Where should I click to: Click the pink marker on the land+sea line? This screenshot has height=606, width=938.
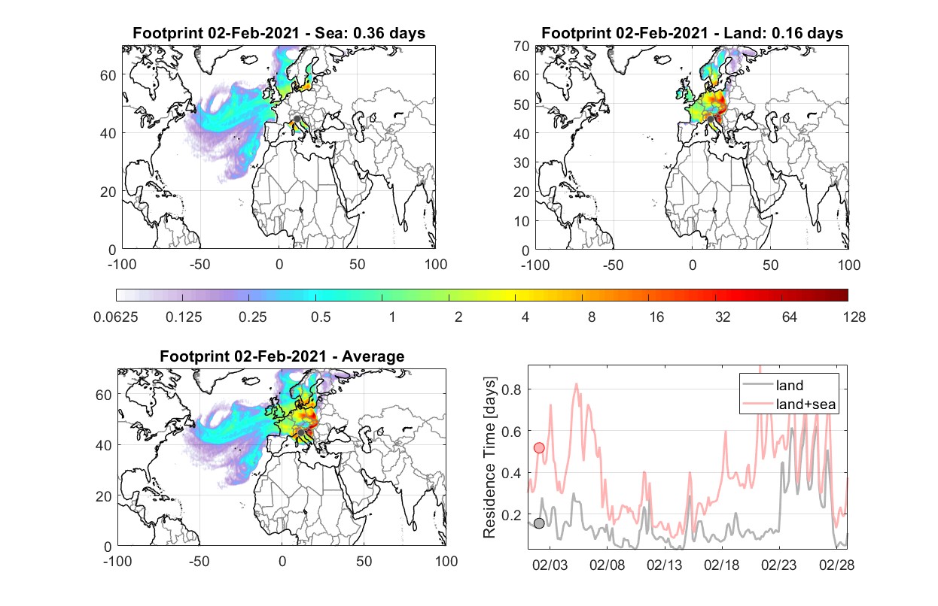[x=539, y=448]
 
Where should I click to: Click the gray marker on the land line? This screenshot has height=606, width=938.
[x=539, y=523]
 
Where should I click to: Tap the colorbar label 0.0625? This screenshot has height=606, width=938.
[x=116, y=317]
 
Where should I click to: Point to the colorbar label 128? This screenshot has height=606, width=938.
[x=854, y=317]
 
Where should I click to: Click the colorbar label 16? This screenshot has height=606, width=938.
[x=656, y=317]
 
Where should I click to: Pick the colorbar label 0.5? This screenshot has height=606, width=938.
[x=321, y=317]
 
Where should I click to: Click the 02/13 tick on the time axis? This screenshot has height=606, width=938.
[x=665, y=565]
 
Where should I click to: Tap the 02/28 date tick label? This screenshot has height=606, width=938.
[x=836, y=565]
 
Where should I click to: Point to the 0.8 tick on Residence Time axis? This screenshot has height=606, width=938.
[x=511, y=389]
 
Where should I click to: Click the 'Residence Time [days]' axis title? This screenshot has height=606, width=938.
[x=489, y=458]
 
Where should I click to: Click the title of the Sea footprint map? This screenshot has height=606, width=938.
[x=279, y=33]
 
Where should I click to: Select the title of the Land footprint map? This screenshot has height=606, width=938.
[x=692, y=33]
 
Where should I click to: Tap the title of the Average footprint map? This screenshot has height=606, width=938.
[x=282, y=356]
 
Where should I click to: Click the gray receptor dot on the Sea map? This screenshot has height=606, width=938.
[x=297, y=119]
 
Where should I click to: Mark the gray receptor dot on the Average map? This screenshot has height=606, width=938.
[x=300, y=432]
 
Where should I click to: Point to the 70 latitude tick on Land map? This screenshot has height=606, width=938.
[x=522, y=47]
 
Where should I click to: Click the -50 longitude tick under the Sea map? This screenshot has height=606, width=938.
[x=200, y=265]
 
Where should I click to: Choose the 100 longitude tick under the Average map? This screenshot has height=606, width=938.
[x=446, y=561]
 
